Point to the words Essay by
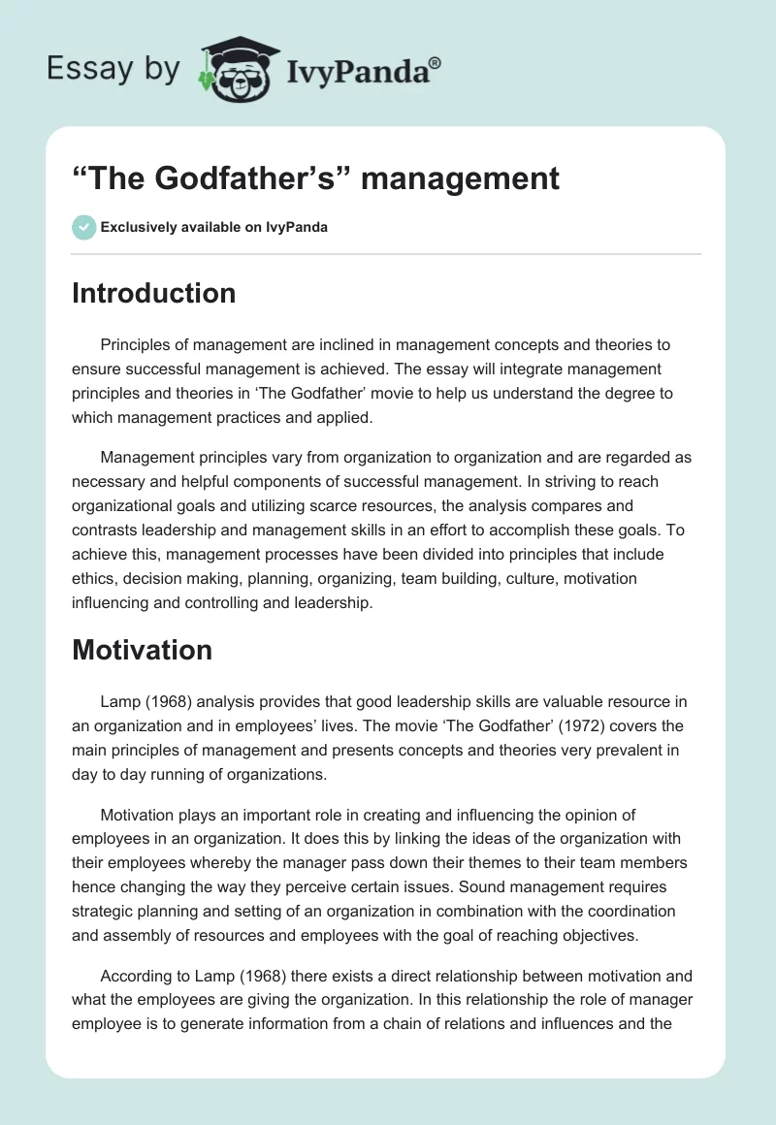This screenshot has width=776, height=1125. click(x=113, y=69)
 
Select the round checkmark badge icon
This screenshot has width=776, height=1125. click(x=83, y=227)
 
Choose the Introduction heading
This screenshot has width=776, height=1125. click(x=153, y=293)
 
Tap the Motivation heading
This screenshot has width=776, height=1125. click(x=142, y=650)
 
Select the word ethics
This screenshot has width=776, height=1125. click(x=94, y=578)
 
